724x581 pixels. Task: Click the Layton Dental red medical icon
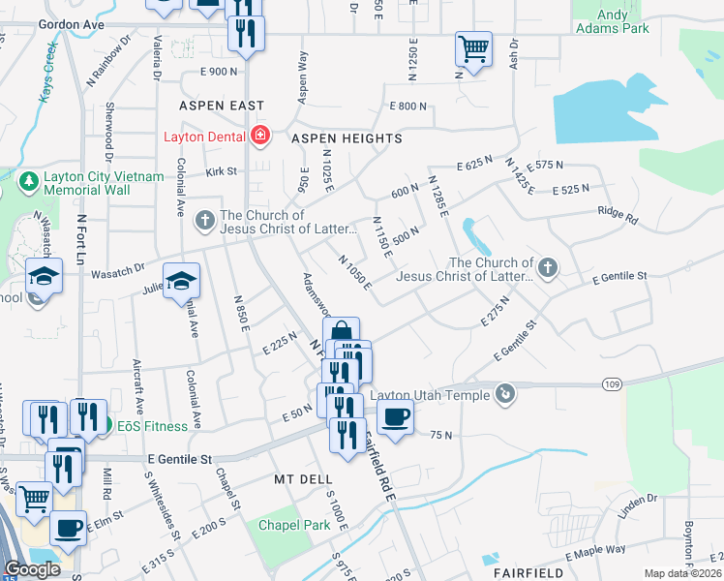click(x=259, y=136)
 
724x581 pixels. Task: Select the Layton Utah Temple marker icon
click(x=504, y=393)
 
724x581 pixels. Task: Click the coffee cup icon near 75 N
click(x=394, y=417)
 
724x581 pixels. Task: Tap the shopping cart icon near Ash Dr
click(x=473, y=47)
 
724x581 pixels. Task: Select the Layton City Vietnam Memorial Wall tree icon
click(x=28, y=181)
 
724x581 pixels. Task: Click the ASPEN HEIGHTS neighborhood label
click(x=347, y=138)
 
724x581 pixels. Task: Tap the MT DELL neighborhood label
click(x=303, y=479)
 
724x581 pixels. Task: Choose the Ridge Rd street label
click(x=618, y=215)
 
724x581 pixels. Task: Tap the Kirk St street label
click(x=221, y=171)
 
